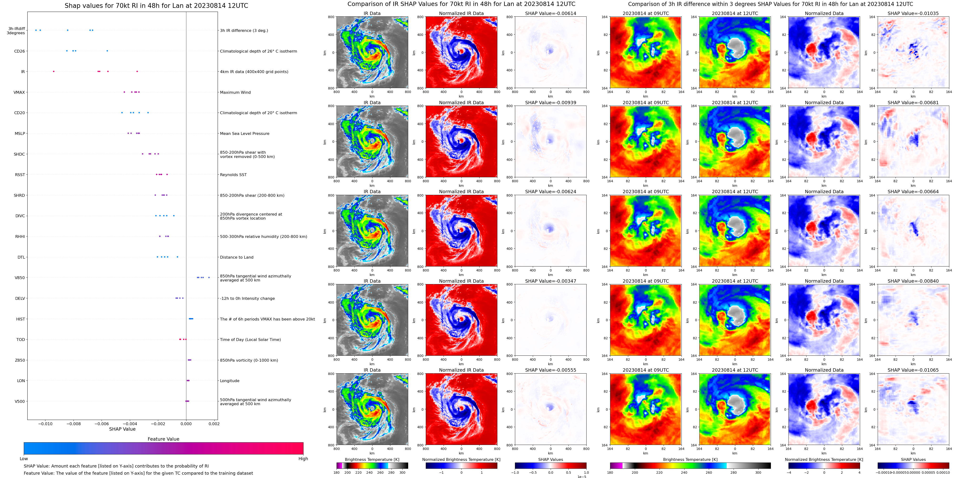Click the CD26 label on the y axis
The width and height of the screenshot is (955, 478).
(19, 51)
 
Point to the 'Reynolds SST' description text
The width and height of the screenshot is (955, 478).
(233, 175)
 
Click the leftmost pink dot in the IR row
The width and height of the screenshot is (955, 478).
(54, 71)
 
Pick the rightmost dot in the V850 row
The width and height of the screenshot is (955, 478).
(209, 277)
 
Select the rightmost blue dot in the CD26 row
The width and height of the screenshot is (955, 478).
(107, 51)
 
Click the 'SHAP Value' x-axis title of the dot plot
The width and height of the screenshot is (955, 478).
(122, 429)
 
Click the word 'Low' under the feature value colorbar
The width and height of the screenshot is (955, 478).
(24, 459)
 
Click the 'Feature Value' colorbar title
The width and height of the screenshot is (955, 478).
(163, 439)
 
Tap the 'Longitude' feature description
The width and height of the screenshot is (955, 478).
(230, 381)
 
